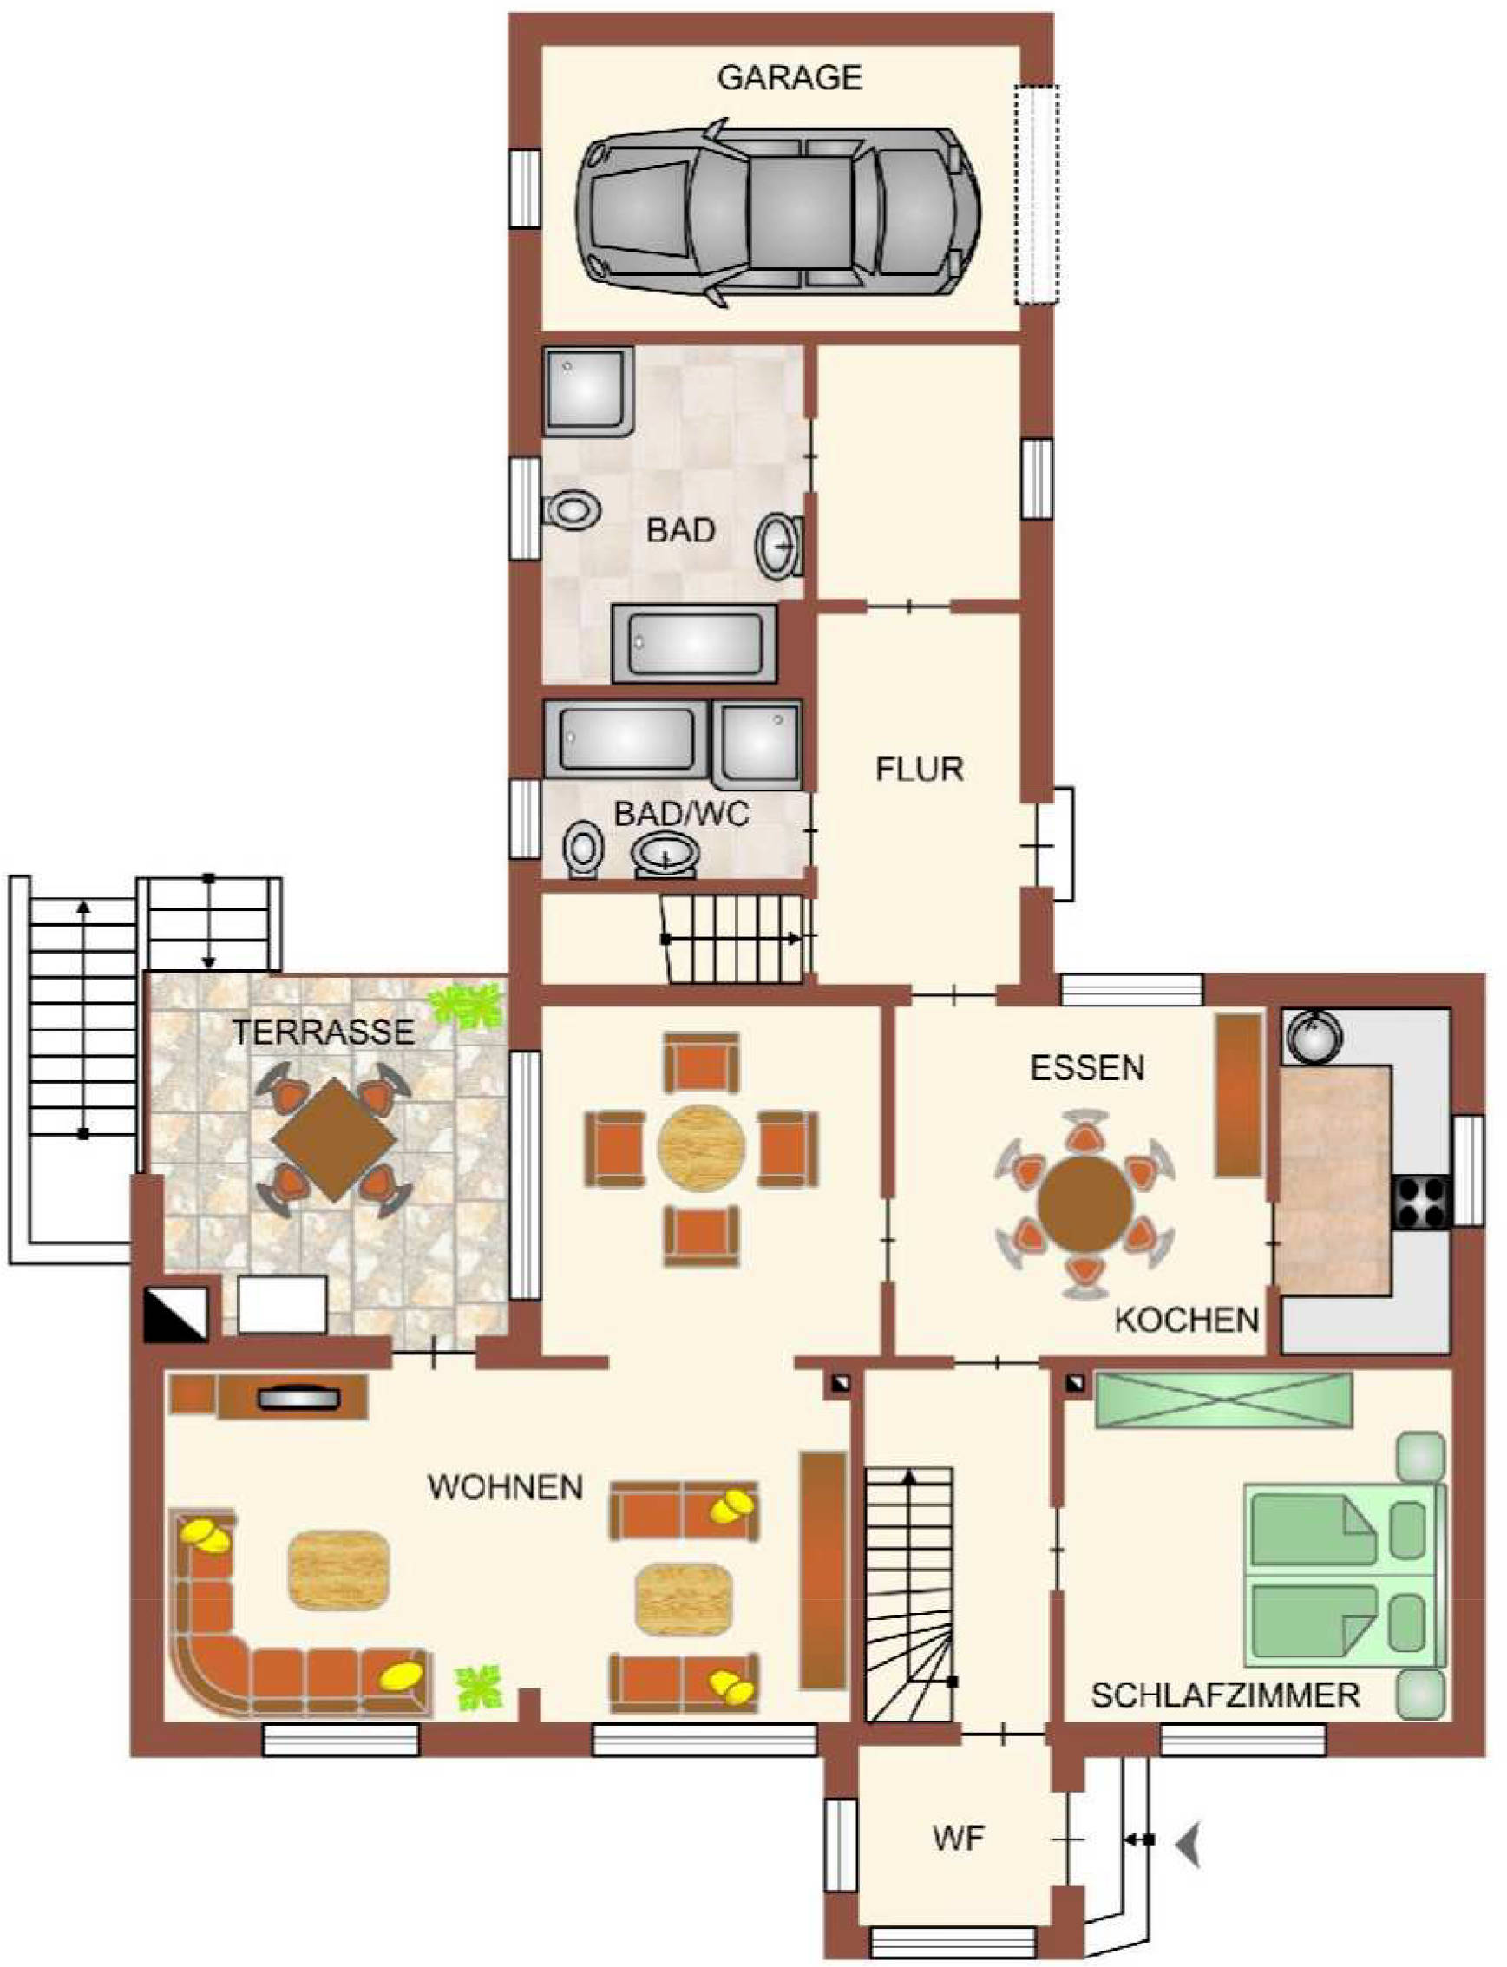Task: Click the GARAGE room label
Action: [x=790, y=78]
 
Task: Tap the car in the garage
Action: [x=777, y=213]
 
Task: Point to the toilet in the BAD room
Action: [x=572, y=509]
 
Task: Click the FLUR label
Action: [x=920, y=770]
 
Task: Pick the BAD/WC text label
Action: [x=682, y=815]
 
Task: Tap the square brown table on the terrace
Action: [x=334, y=1140]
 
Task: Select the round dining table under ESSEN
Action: [x=1084, y=1203]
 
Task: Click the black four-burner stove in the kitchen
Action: [x=1421, y=1202]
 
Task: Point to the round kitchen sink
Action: [x=1314, y=1036]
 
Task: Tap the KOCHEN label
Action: [x=1187, y=1320]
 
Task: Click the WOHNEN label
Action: [x=506, y=1487]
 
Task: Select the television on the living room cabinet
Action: [x=297, y=1398]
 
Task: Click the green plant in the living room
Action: [x=479, y=1688]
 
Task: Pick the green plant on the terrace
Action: [x=466, y=1005]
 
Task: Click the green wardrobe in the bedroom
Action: [x=1223, y=1400]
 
